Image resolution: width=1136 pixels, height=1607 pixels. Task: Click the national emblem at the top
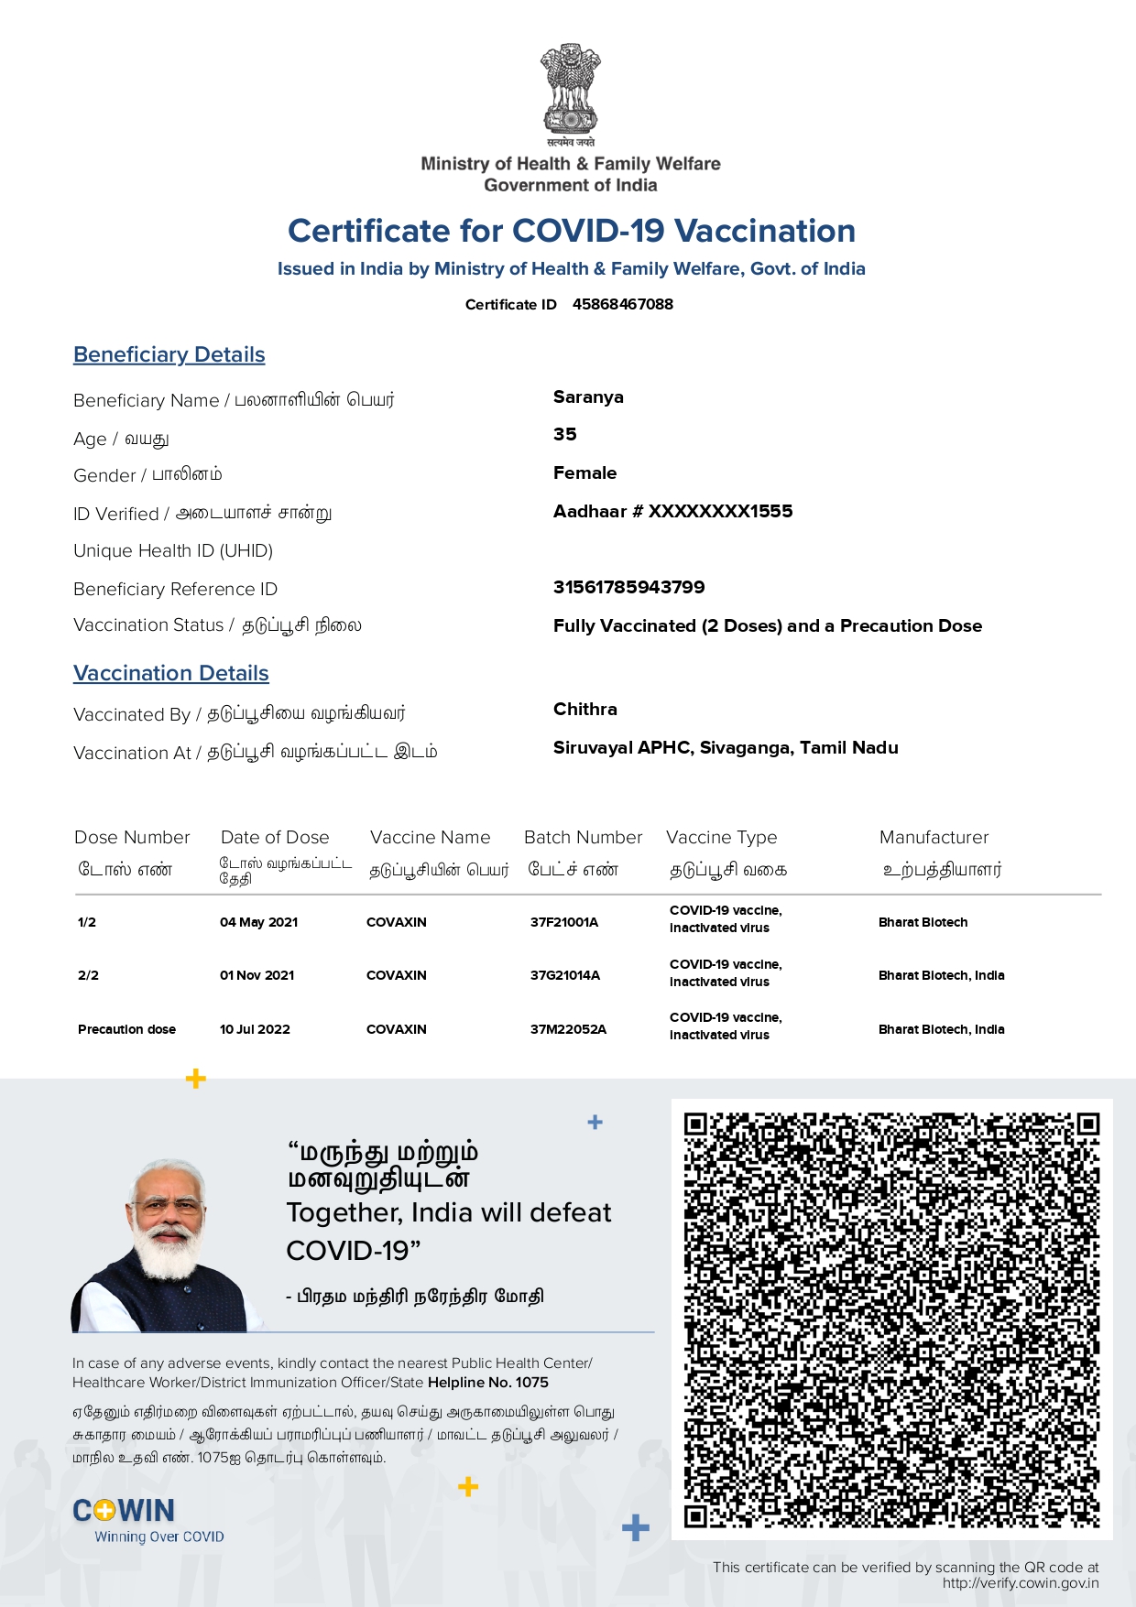pos(570,90)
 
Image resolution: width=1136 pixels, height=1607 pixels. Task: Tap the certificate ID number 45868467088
pos(622,304)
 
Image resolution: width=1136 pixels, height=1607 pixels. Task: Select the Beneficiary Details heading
pos(169,355)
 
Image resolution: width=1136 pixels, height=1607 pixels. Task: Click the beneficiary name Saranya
pos(588,397)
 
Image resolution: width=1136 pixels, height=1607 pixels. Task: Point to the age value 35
pos(565,435)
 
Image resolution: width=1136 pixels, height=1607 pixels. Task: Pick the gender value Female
pos(584,473)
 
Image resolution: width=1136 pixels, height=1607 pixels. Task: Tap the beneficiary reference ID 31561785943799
pos(628,588)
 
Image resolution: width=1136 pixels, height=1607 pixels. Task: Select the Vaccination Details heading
pos(171,674)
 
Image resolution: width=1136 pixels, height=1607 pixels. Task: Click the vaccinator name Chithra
pos(584,710)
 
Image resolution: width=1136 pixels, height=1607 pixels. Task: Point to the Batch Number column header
pos(583,838)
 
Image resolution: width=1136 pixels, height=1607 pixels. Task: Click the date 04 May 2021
pos(258,923)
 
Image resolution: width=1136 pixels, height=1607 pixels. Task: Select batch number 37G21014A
pos(564,976)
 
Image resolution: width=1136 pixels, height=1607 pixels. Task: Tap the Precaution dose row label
pos(126,1030)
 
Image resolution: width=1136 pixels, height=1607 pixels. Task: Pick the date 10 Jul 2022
pos(255,1030)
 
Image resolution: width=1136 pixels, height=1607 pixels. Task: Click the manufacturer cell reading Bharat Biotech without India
pos(923,923)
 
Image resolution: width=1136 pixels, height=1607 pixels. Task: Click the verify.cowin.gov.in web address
pos(1020,1583)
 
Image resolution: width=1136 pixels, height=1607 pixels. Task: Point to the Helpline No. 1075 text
pos(487,1383)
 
